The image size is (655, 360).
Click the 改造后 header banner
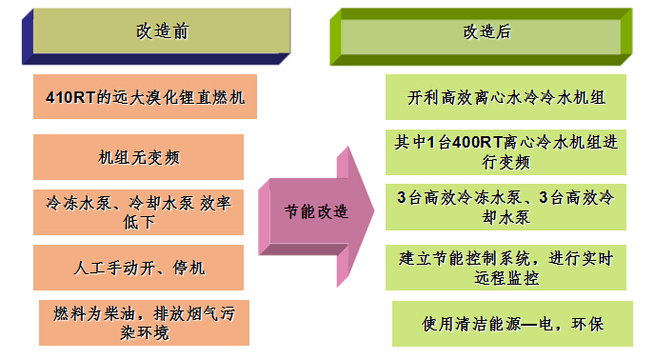click(481, 37)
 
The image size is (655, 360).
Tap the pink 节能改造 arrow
click(316, 216)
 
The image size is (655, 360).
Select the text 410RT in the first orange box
click(70, 97)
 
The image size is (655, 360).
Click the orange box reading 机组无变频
click(138, 157)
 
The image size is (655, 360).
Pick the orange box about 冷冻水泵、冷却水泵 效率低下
click(138, 212)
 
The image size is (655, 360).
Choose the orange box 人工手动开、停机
click(138, 268)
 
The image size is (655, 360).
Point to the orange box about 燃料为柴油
click(144, 323)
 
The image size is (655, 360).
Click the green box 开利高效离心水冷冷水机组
click(506, 97)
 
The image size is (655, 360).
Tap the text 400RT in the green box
click(477, 142)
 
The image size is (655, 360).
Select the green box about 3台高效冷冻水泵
click(506, 207)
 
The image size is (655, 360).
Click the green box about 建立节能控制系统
click(506, 268)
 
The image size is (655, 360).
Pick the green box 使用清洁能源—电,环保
click(512, 324)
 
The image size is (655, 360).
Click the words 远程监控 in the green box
click(506, 278)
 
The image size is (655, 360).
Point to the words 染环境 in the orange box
click(145, 332)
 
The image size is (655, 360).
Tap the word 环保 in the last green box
click(587, 324)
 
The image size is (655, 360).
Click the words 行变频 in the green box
click(506, 162)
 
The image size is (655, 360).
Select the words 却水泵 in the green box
click(506, 217)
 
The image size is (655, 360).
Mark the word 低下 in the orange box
click(139, 222)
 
